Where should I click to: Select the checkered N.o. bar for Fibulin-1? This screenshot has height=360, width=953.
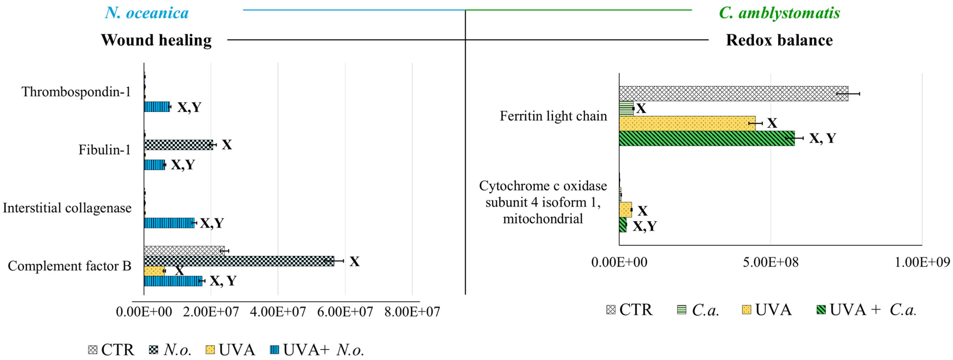pos(178,145)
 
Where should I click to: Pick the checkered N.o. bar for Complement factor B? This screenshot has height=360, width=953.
pos(239,261)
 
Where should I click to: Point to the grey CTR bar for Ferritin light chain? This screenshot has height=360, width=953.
pos(733,94)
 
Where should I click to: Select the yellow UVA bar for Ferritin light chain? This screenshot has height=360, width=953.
pos(687,123)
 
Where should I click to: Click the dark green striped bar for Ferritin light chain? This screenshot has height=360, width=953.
pos(707,138)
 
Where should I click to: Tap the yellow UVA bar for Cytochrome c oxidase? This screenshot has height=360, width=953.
pos(625,210)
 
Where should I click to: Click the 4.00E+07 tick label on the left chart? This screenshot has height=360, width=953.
pos(278,312)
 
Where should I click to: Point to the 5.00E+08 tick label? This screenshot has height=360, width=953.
pos(771,262)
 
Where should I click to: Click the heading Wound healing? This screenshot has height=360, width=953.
pos(156,40)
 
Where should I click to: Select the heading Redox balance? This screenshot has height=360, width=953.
pos(779,40)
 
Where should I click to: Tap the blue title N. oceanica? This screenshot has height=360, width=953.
pos(147,13)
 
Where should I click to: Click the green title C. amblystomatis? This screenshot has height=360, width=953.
pos(779,13)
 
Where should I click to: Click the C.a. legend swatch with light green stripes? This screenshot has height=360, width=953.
pos(681,310)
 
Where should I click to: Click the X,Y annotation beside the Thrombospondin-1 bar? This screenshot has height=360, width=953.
pos(189,107)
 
